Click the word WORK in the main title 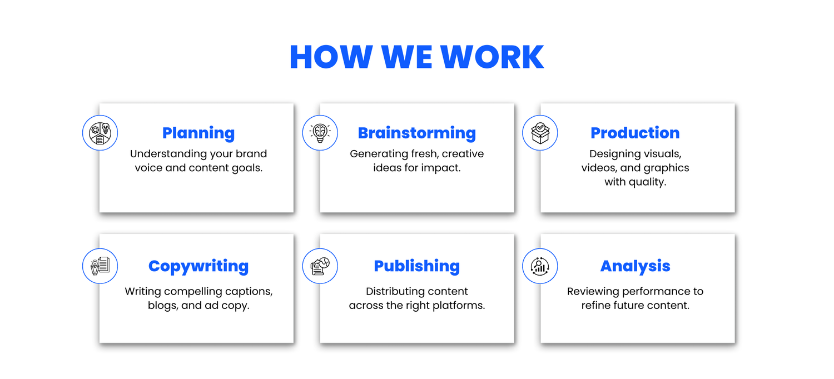pyautogui.click(x=492, y=57)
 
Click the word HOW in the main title pyautogui.click(x=331, y=57)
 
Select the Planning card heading pyautogui.click(x=198, y=133)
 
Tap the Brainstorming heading pyautogui.click(x=416, y=133)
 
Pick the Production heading pyautogui.click(x=635, y=133)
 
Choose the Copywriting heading pyautogui.click(x=198, y=267)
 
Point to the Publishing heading pyautogui.click(x=416, y=267)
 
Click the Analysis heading pyautogui.click(x=635, y=267)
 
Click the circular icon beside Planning pyautogui.click(x=100, y=133)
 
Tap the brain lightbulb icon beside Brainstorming pyautogui.click(x=320, y=133)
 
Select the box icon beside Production pyautogui.click(x=540, y=133)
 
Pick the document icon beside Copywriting pyautogui.click(x=100, y=266)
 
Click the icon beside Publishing pyautogui.click(x=320, y=266)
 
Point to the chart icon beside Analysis pyautogui.click(x=540, y=266)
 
